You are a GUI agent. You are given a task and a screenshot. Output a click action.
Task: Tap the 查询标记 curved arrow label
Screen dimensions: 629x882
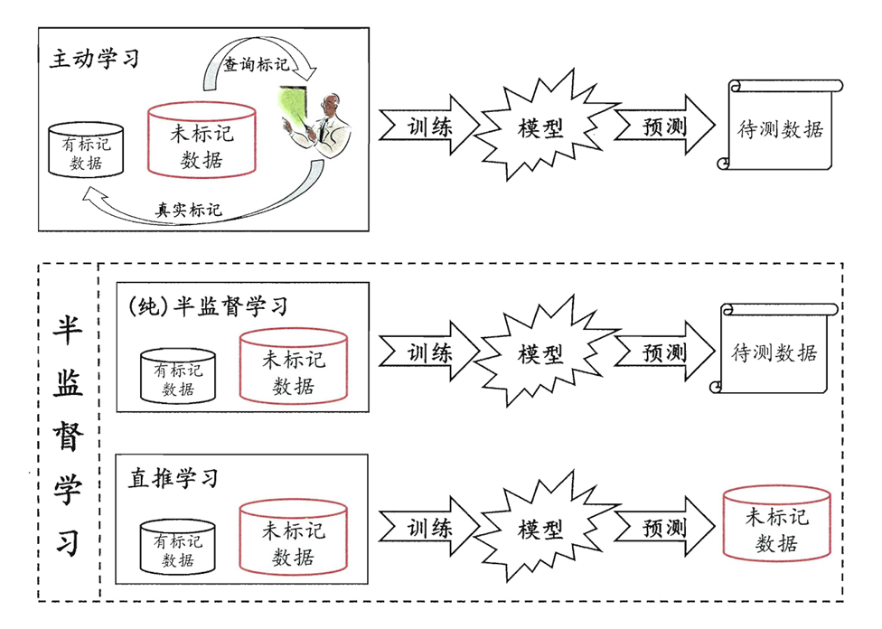click(257, 65)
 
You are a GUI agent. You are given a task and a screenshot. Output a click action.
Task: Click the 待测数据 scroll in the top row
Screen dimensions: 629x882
click(780, 127)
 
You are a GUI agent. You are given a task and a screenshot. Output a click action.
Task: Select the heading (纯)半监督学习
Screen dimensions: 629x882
click(209, 305)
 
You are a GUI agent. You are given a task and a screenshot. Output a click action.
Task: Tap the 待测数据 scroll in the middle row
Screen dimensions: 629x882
click(774, 352)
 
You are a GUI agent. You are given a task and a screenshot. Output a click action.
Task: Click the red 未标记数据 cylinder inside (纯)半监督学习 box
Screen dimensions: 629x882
click(294, 368)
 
